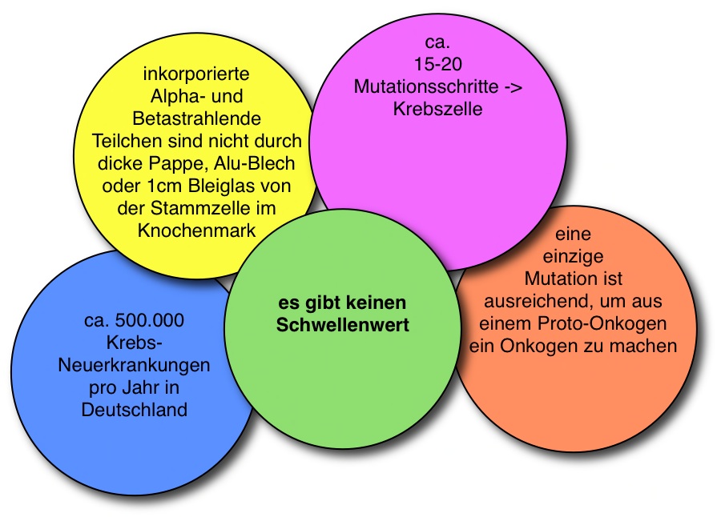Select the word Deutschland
[x=135, y=410]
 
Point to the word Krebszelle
[x=437, y=109]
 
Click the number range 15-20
[x=438, y=64]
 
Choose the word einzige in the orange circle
[x=574, y=258]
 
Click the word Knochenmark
[x=196, y=230]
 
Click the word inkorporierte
[x=196, y=74]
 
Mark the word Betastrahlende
[x=196, y=119]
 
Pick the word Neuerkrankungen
[x=135, y=366]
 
